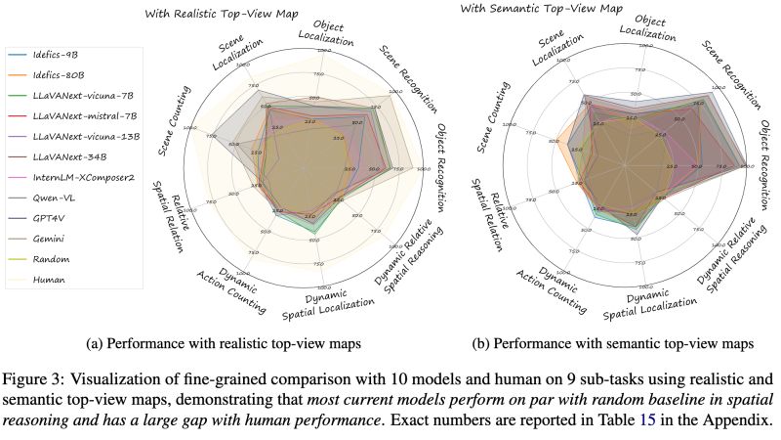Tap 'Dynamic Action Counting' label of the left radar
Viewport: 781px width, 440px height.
[242, 286]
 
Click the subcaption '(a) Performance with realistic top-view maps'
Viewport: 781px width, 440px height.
[229, 343]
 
